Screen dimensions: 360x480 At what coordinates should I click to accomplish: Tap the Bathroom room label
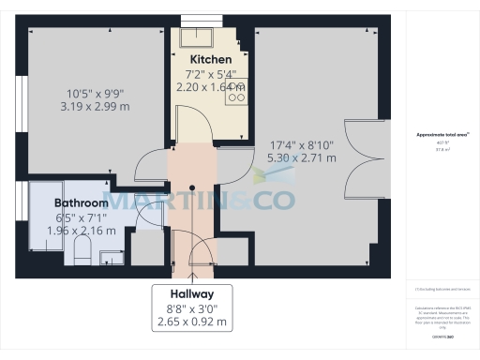click(x=81, y=202)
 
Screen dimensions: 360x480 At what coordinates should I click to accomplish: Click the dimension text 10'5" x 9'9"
click(x=96, y=93)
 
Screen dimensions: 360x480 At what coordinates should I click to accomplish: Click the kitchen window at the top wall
click(x=198, y=21)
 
